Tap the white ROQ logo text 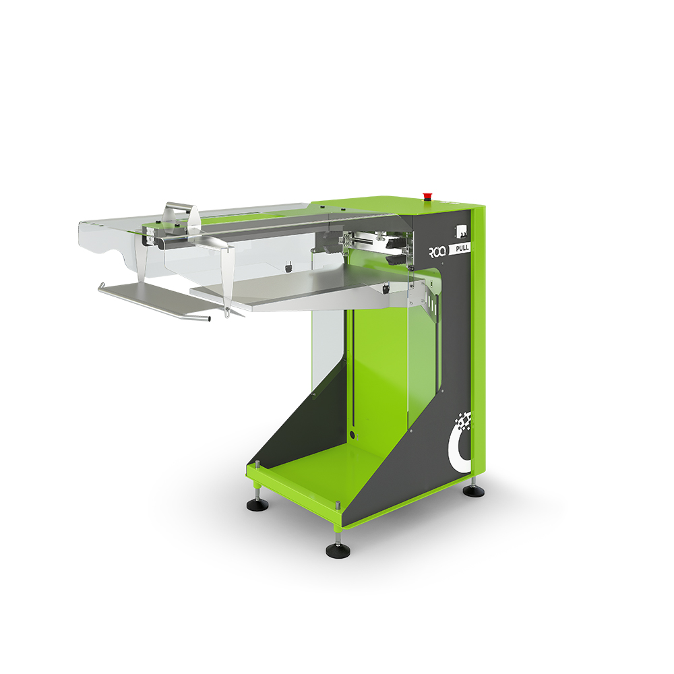pos(438,251)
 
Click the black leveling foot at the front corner pos(338,550)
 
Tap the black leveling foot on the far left pos(257,505)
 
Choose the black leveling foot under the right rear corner pos(474,491)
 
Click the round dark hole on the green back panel pos(353,435)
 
